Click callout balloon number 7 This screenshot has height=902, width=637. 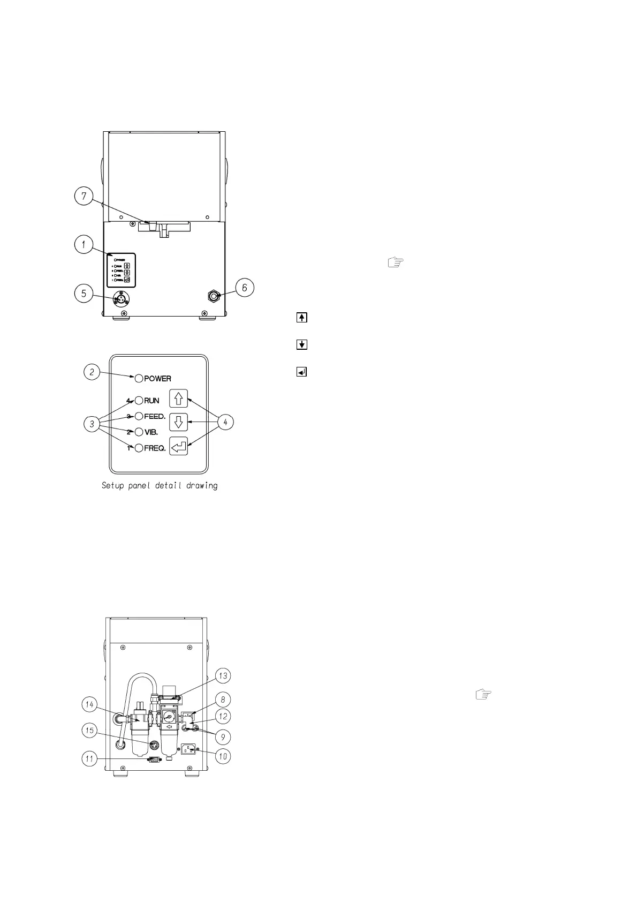84,197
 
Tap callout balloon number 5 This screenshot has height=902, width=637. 84,294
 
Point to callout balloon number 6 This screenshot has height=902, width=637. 245,288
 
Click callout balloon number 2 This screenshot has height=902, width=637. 93,372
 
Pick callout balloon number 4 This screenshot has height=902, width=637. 225,422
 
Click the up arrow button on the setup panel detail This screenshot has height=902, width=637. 179,399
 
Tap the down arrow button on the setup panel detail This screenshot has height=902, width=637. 179,422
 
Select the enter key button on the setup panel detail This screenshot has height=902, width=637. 179,446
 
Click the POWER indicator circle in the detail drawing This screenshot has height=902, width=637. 139,379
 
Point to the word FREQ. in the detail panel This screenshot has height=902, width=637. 155,448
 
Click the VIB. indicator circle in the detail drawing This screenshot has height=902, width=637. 139,432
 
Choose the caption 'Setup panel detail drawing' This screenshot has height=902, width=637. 160,486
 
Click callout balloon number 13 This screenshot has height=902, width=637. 223,676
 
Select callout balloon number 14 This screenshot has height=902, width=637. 90,705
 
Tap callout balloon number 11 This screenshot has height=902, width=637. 90,758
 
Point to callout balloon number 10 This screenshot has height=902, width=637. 223,756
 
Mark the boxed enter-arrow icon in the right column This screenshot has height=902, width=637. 302,371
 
